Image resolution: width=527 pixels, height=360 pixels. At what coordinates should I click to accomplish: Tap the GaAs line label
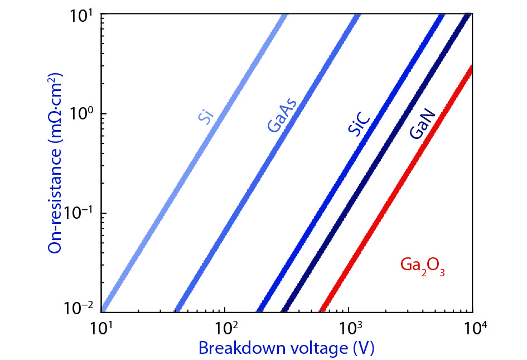tap(282, 116)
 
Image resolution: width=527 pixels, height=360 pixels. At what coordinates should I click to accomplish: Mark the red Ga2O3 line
tap(390, 201)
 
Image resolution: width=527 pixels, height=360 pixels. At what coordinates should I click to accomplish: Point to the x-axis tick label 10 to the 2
tap(225, 325)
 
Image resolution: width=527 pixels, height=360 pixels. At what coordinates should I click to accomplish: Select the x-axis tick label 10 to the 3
tap(349, 325)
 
